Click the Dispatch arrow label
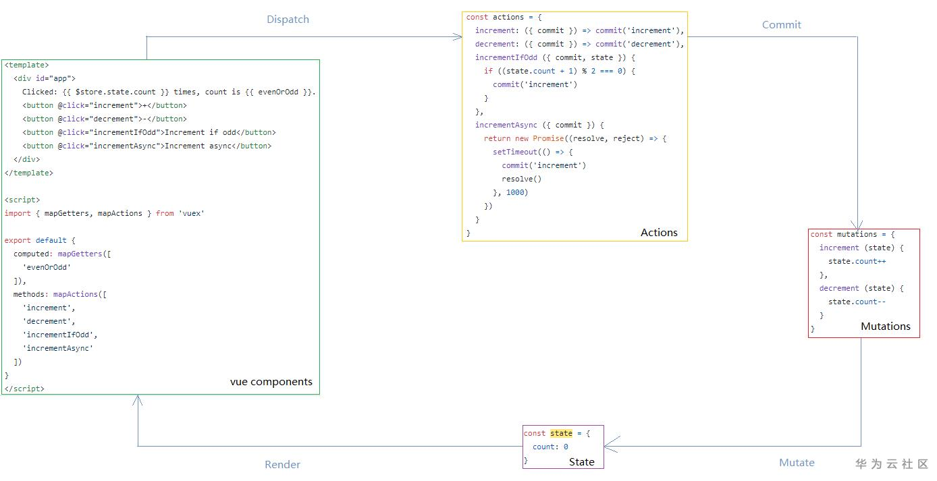[288, 20]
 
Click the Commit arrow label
[781, 25]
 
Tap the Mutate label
[797, 463]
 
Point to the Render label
[282, 464]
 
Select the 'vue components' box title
[271, 382]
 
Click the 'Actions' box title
[659, 232]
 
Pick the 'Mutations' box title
[886, 326]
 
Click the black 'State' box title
[581, 462]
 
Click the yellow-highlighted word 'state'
[561, 433]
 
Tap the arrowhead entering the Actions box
[458, 37]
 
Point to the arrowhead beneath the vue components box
[138, 399]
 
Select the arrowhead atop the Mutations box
[857, 225]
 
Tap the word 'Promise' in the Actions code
[548, 138]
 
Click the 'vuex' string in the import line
[192, 213]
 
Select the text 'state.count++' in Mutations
[857, 261]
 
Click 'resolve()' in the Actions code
[522, 179]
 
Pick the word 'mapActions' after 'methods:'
[76, 294]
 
